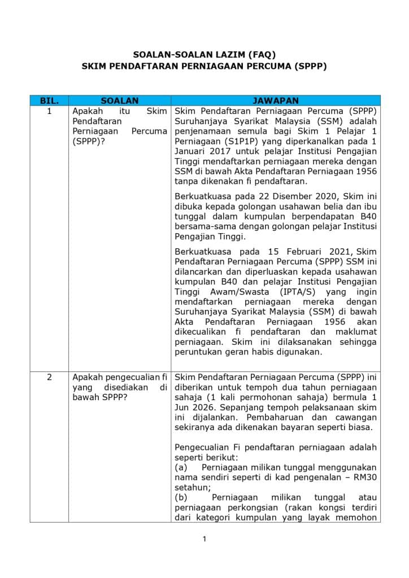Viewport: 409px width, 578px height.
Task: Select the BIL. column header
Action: click(x=49, y=100)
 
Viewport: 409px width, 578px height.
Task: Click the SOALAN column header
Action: click(x=120, y=100)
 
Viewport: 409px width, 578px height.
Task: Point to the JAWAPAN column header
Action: click(x=276, y=100)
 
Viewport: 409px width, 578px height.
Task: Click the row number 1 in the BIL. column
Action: click(x=49, y=111)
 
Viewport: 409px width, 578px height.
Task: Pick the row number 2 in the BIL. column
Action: click(x=49, y=376)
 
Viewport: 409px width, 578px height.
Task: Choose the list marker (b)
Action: click(x=181, y=498)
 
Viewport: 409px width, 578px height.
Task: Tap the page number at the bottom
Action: click(x=204, y=539)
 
